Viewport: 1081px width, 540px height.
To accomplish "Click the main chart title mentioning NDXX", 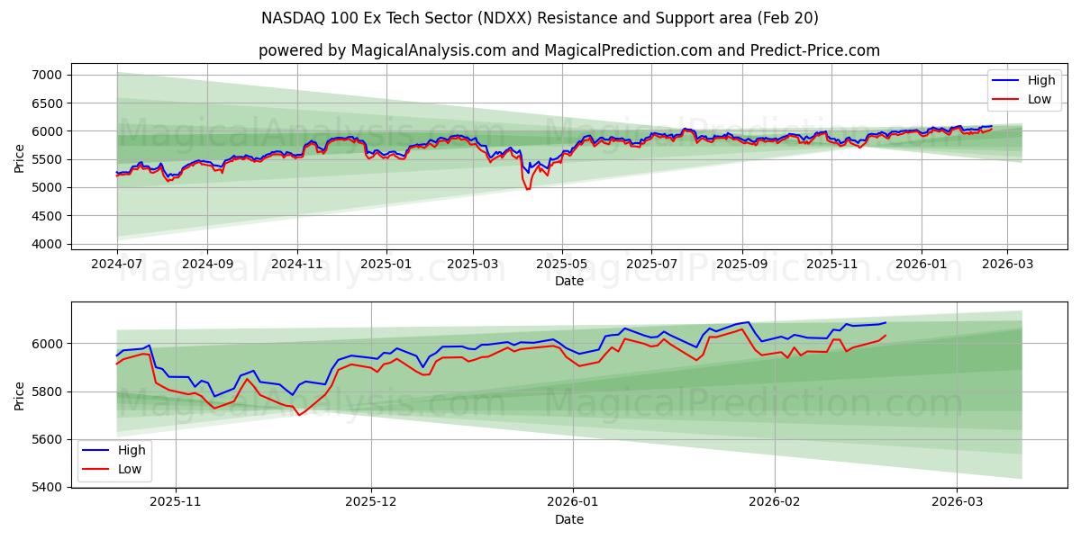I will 540,18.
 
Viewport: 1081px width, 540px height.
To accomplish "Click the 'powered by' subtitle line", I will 568,50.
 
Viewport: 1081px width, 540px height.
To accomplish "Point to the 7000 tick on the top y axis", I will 47,75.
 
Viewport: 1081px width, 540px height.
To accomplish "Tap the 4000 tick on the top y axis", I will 47,245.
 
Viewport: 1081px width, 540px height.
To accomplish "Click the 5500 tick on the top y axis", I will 47,159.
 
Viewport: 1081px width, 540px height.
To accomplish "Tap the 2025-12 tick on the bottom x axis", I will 371,502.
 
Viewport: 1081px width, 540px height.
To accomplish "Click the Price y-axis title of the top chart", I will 20,159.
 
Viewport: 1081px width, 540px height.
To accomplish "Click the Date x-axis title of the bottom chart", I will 568,519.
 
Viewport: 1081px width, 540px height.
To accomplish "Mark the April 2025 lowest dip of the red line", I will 528,189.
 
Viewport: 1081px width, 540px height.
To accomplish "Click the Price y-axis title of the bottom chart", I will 20,395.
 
